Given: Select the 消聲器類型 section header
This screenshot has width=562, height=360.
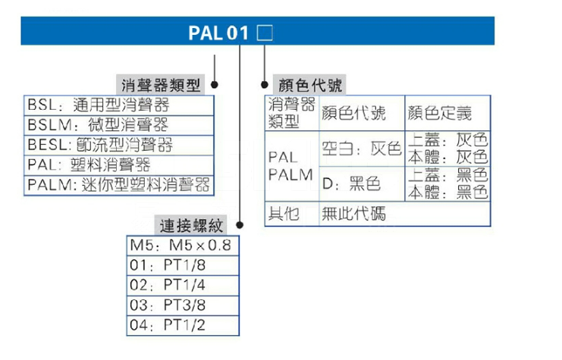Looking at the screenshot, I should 162,85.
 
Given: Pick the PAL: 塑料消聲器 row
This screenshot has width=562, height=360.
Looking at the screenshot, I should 89,164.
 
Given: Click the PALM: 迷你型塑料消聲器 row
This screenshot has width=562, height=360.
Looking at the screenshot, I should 118,184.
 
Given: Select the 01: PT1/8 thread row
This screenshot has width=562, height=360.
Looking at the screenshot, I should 168,266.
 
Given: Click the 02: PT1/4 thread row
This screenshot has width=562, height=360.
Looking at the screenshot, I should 168,286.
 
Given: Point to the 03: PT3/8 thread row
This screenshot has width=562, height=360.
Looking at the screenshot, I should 168,306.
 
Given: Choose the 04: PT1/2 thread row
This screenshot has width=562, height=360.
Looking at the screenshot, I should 168,327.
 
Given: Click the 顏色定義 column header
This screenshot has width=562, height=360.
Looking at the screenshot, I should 440,114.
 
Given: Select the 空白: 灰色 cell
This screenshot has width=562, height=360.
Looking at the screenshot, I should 361,149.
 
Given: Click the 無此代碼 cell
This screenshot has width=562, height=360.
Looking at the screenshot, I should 353,214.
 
